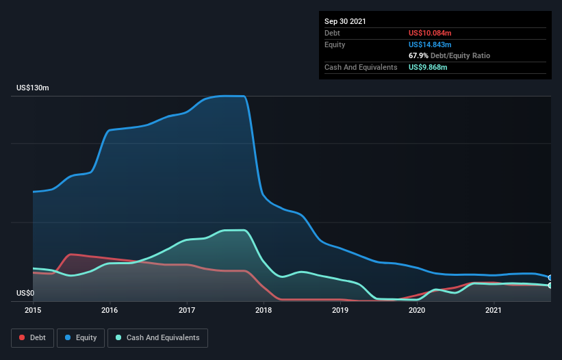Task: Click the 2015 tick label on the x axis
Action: [33, 311]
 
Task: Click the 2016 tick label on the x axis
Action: [110, 311]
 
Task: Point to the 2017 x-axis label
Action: [187, 311]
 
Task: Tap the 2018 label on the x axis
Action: [264, 311]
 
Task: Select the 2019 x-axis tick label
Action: [341, 311]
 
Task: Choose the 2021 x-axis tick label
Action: [494, 311]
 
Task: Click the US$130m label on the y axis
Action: [32, 88]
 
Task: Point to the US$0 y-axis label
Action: [25, 293]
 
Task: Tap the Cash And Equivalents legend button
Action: [157, 337]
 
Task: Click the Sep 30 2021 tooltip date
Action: [346, 21]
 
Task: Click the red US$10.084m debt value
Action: [431, 33]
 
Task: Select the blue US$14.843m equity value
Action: [431, 44]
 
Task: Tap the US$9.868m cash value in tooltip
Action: [429, 67]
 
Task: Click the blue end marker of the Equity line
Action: [550, 278]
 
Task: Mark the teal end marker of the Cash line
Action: [550, 285]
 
